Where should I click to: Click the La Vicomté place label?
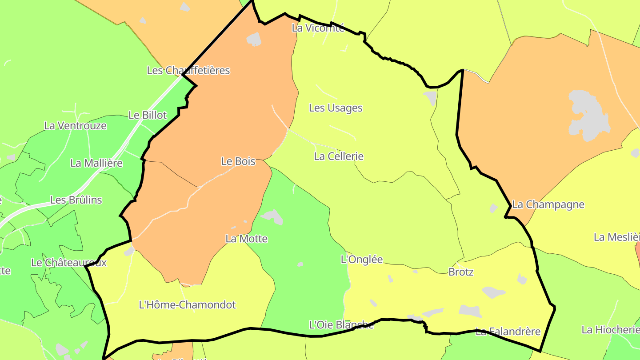pos(318,28)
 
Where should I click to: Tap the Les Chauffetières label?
pos(188,70)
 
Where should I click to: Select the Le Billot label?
pos(148,115)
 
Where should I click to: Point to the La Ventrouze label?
pos(75,126)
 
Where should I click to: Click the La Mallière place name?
pos(96,163)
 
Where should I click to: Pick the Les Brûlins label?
pos(76,200)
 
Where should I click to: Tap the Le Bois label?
pos(238,161)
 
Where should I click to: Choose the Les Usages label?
pos(336,108)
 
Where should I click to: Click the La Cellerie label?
pos(339,156)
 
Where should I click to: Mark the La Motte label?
pos(247,239)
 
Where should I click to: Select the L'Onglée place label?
pos(361,260)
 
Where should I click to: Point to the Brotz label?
pos(461,272)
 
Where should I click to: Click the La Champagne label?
pos(548,205)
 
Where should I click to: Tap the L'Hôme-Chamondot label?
pos(187,305)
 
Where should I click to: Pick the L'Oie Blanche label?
pos(341,325)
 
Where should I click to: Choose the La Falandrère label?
pos(508,332)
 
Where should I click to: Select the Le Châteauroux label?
pos(69,263)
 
